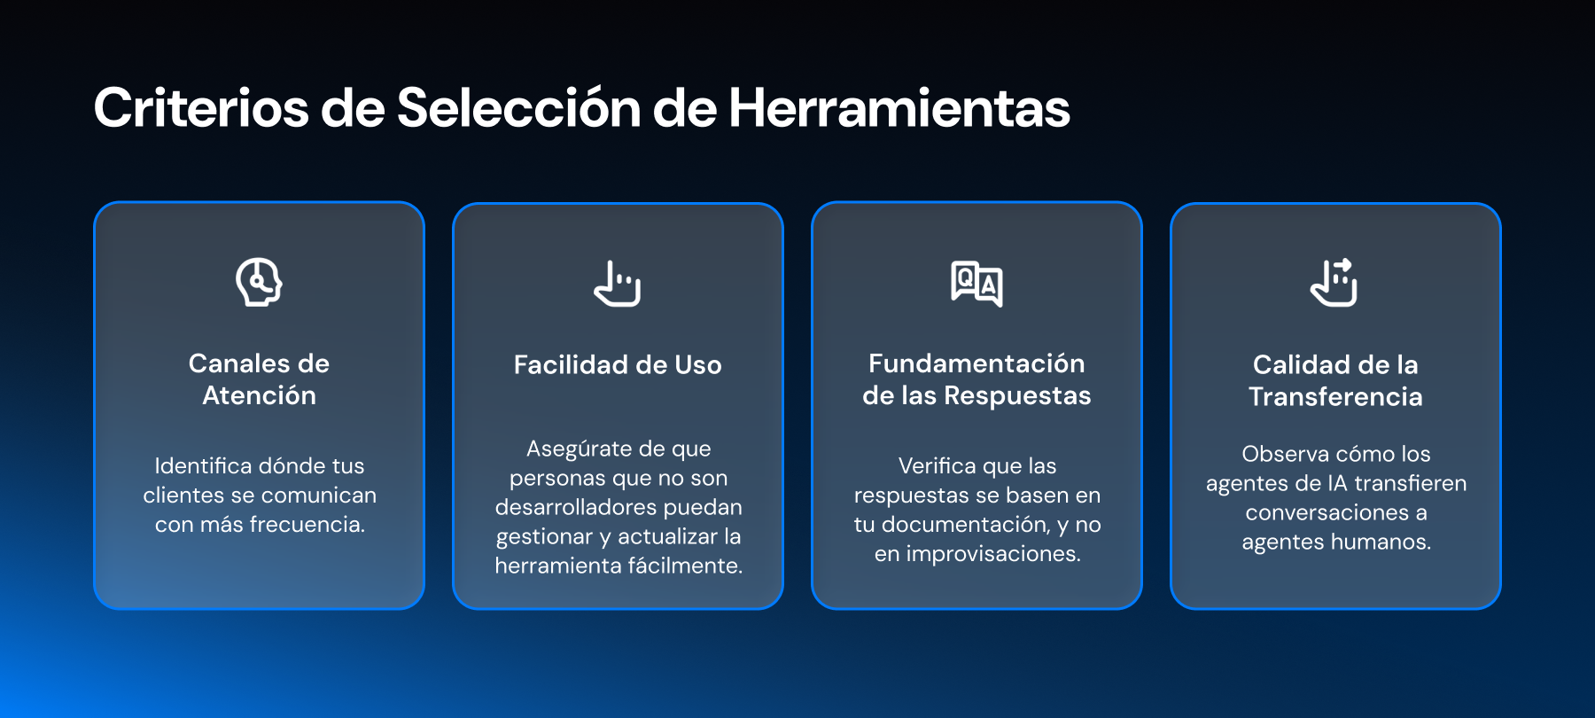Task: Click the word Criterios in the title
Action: [202, 108]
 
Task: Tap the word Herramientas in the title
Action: [899, 108]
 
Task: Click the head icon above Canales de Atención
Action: [259, 283]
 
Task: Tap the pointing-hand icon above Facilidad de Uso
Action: [618, 284]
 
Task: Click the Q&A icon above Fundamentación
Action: [976, 284]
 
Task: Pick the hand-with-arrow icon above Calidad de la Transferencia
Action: [1334, 282]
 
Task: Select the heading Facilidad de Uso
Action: [618, 364]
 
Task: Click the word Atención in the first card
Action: [259, 395]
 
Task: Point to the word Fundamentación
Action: [976, 363]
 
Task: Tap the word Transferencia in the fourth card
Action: [1335, 396]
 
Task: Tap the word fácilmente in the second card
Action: [686, 566]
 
